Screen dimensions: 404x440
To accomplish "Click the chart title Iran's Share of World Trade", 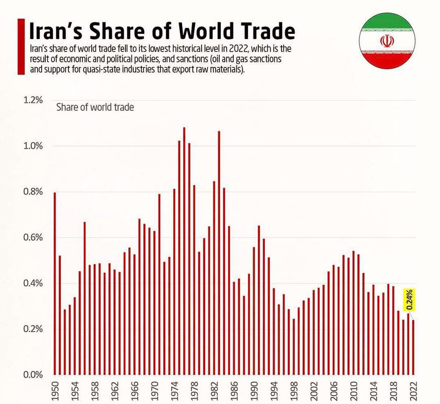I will [161, 31].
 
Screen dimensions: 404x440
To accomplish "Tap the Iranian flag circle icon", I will [386, 43].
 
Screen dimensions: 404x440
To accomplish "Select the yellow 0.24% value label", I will [409, 300].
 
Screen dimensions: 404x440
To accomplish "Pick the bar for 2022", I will [413, 347].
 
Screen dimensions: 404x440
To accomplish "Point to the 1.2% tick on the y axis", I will [33, 100].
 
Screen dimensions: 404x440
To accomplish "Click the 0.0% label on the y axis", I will [33, 375].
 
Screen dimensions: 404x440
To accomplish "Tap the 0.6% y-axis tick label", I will [33, 238].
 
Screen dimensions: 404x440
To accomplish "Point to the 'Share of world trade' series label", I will [95, 107].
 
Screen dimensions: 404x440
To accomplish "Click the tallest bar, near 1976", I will [184, 251].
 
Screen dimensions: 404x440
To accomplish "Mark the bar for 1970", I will [154, 303].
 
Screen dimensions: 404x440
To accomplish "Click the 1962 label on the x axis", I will [114, 389].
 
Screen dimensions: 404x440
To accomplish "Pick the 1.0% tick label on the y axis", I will [33, 146].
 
